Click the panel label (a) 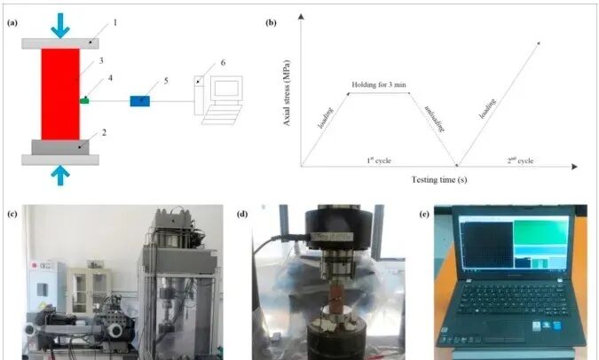coord(12,22)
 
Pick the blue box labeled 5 coord(140,100)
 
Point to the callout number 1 coord(114,18)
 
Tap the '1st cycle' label coord(378,160)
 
